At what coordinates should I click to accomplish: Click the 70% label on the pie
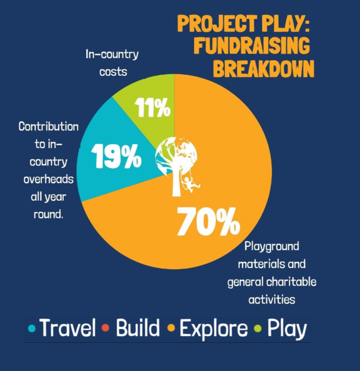pos(208,222)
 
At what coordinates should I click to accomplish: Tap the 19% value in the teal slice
pos(116,156)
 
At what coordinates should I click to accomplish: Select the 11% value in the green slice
pos(153,107)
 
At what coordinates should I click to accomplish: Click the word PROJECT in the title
pos(217,23)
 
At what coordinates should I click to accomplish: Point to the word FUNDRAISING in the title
pos(252,45)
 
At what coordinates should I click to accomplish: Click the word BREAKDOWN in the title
pos(263,69)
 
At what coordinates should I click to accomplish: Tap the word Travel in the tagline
pos(67,328)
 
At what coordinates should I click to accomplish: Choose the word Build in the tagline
pos(138,328)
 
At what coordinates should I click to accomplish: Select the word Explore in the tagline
pos(213,329)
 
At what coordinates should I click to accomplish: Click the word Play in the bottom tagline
pos(287,329)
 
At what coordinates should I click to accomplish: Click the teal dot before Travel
pos(32,328)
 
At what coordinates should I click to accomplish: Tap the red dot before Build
pos(105,328)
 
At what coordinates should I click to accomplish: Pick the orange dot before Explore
pos(171,328)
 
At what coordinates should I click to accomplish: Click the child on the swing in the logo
pos(190,185)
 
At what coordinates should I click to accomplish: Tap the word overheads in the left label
pos(49,179)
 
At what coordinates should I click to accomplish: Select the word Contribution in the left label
pos(49,126)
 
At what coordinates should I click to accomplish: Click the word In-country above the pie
pos(112,55)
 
